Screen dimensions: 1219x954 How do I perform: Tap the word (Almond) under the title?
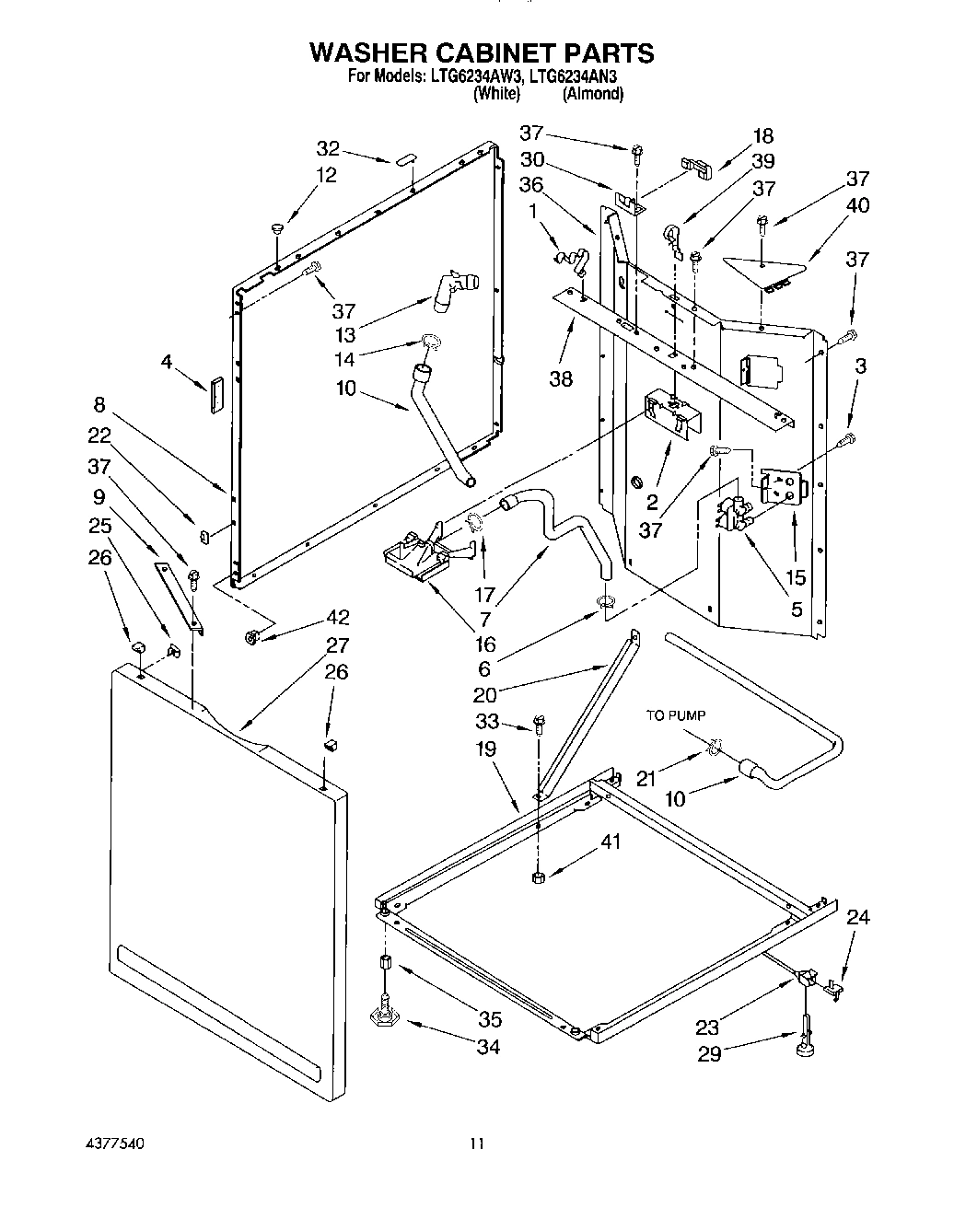[593, 93]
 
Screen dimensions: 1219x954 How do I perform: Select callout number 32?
[329, 149]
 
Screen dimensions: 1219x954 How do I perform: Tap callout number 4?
[167, 362]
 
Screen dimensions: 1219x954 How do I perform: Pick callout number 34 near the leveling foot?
[489, 1047]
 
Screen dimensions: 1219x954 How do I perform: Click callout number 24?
[858, 917]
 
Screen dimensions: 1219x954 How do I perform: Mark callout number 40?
[857, 206]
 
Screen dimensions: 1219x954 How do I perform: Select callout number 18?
[763, 136]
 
